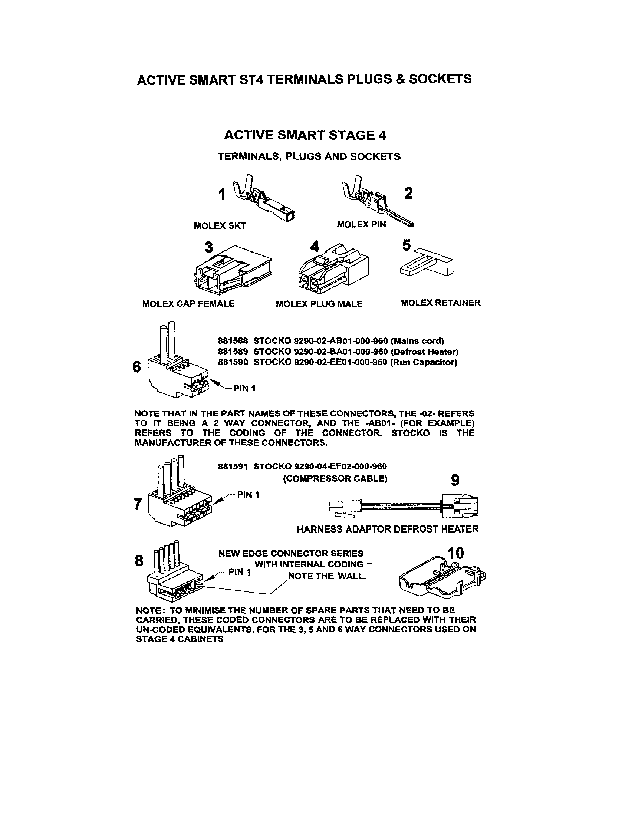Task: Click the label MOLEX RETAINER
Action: click(440, 303)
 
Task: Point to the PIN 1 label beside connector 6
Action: click(244, 388)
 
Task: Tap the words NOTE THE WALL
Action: click(326, 576)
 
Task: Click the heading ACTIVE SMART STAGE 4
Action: click(305, 135)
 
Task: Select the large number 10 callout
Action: click(456, 553)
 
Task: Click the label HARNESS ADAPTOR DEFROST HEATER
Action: click(388, 529)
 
